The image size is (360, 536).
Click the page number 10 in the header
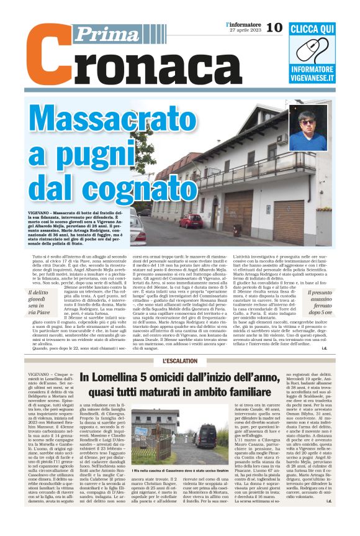(274, 27)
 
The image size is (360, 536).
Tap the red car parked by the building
(190, 221)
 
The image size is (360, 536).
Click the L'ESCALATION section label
(180, 361)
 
